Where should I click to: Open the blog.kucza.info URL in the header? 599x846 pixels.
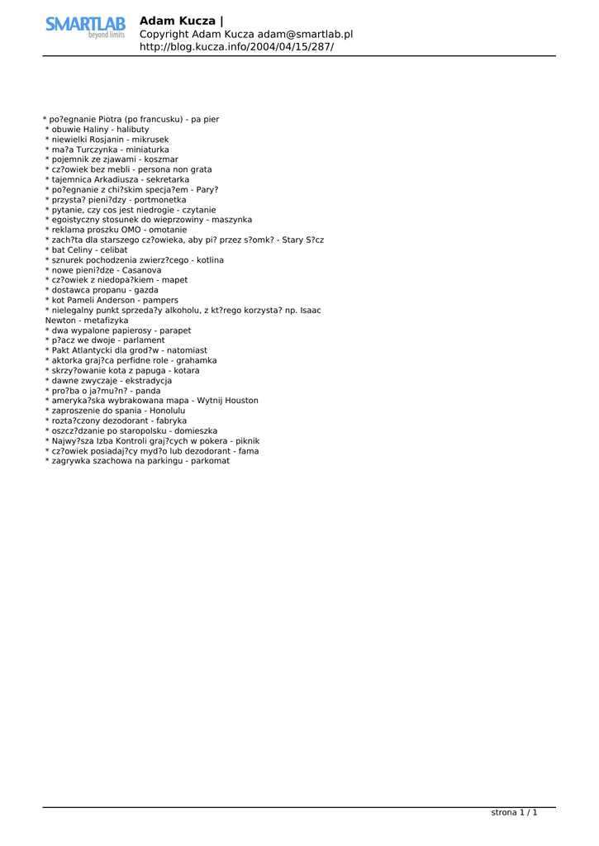[236, 47]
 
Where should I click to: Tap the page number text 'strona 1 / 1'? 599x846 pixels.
[514, 813]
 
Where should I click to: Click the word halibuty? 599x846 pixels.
[133, 130]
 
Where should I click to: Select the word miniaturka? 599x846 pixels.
[147, 150]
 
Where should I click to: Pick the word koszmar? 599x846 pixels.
[161, 159]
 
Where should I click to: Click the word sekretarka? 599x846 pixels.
[168, 179]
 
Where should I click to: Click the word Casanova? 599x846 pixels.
[142, 270]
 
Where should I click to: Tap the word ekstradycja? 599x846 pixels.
[146, 381]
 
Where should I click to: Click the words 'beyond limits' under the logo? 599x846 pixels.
[107, 36]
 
